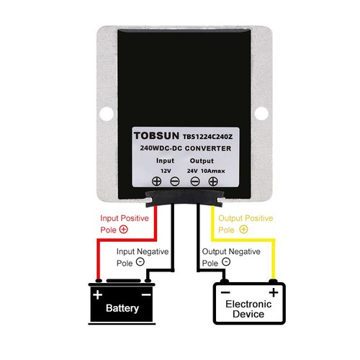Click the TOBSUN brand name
pyautogui.click(x=156, y=135)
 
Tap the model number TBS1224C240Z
pyautogui.click(x=207, y=137)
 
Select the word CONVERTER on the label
pyautogui.click(x=208, y=148)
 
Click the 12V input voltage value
pyautogui.click(x=166, y=171)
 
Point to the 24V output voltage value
pyautogui.click(x=192, y=171)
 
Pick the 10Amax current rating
pyautogui.click(x=213, y=171)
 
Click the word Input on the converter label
pyautogui.click(x=165, y=161)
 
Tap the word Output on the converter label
pyautogui.click(x=202, y=161)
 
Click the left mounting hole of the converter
pyautogui.click(x=107, y=114)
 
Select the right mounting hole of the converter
pyautogui.click(x=261, y=113)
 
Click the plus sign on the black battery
pyautogui.click(x=98, y=294)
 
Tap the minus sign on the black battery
pyautogui.click(x=146, y=294)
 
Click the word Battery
pyautogui.click(x=122, y=308)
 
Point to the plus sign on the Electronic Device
pyautogui.click(x=274, y=292)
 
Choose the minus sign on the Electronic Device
pyautogui.click(x=225, y=292)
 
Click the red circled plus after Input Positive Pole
pyautogui.click(x=124, y=230)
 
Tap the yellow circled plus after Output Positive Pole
pyautogui.click(x=243, y=230)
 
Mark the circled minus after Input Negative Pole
pyautogui.click(x=140, y=261)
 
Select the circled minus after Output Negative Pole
pyautogui.click(x=226, y=261)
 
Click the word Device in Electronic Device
pyautogui.click(x=248, y=314)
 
